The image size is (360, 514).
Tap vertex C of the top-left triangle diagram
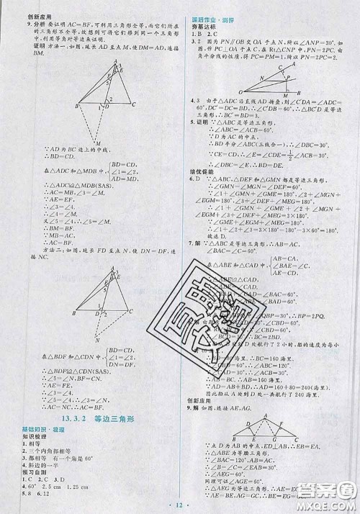point(135,104)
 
